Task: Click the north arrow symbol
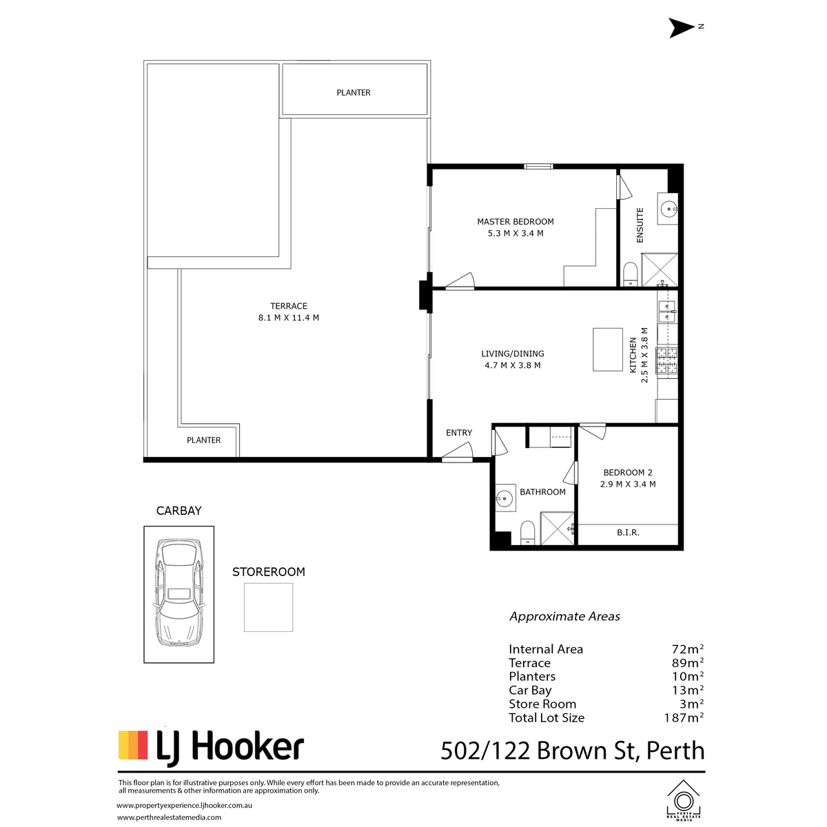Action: pyautogui.click(x=682, y=28)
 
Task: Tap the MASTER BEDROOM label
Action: pyautogui.click(x=515, y=221)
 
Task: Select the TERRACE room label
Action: pyautogui.click(x=288, y=306)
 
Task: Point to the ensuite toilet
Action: pyautogui.click(x=630, y=274)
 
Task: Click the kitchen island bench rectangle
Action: pyautogui.click(x=607, y=349)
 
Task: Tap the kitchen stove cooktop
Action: pyautogui.click(x=666, y=360)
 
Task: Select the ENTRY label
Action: pyautogui.click(x=459, y=433)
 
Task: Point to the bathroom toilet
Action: pyautogui.click(x=527, y=533)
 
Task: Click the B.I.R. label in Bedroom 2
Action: pyautogui.click(x=628, y=533)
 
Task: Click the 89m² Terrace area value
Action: pyautogui.click(x=688, y=662)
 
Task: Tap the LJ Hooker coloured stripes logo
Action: pyautogui.click(x=133, y=745)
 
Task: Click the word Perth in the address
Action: pyautogui.click(x=675, y=751)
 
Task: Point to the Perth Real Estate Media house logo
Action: pyautogui.click(x=683, y=804)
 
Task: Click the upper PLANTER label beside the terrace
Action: pyautogui.click(x=354, y=93)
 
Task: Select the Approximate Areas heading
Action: pyautogui.click(x=564, y=617)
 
